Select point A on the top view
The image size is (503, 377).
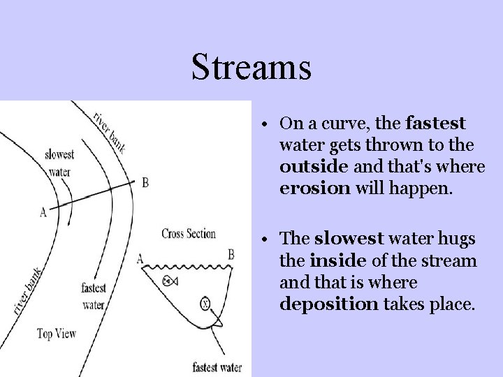click(x=43, y=213)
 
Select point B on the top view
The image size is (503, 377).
click(x=145, y=183)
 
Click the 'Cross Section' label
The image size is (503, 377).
click(x=188, y=233)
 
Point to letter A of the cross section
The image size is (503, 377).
click(x=140, y=259)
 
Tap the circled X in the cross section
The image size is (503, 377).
click(x=205, y=304)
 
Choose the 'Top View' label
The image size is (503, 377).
click(x=58, y=333)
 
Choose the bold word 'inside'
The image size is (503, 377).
click(x=328, y=262)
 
